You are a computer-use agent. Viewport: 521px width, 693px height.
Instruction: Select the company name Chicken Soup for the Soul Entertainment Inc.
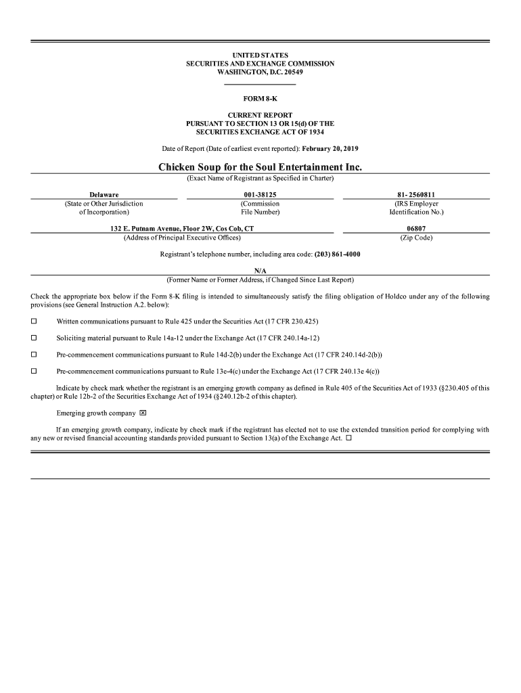260,166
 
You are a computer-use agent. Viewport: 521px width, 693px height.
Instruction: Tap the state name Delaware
104,195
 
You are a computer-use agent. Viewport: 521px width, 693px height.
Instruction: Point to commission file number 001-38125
260,195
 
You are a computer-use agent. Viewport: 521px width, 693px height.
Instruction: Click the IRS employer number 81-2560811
416,195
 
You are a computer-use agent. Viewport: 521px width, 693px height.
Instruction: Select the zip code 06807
416,229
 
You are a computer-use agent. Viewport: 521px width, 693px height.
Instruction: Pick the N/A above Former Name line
260,271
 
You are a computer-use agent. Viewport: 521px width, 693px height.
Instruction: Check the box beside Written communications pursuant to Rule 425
34,321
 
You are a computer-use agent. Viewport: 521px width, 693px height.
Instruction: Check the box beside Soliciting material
34,338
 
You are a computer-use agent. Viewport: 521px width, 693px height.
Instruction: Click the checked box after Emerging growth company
143,413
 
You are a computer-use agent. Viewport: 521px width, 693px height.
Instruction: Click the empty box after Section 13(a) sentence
349,438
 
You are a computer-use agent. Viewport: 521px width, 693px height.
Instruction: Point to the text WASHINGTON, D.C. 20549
260,72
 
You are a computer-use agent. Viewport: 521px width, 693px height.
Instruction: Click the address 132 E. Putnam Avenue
182,229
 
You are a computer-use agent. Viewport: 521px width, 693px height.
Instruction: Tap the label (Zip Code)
416,238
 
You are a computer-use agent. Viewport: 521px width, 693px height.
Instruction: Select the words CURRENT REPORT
260,116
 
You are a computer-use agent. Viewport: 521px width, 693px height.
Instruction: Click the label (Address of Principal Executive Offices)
182,238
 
